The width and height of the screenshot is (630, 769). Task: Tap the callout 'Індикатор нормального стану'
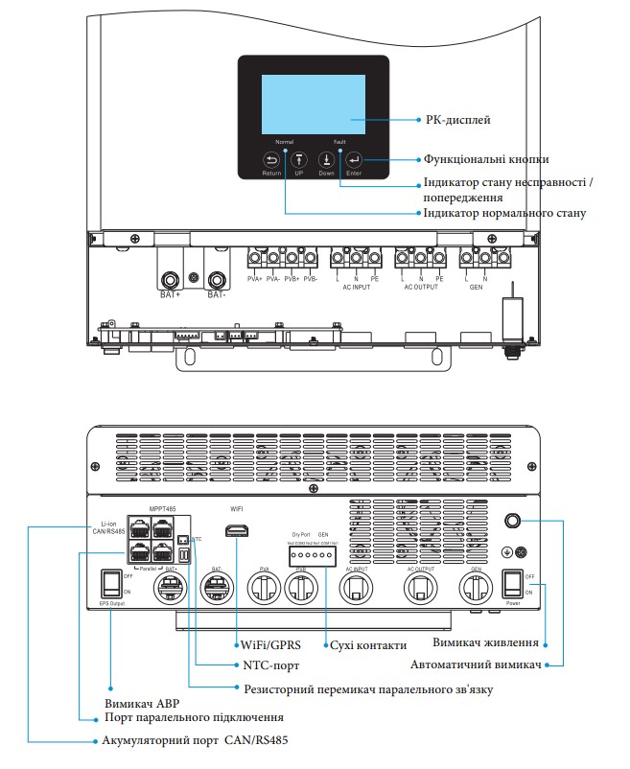point(504,213)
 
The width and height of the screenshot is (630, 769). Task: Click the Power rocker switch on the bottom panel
point(513,582)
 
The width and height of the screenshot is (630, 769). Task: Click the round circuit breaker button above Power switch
point(512,521)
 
